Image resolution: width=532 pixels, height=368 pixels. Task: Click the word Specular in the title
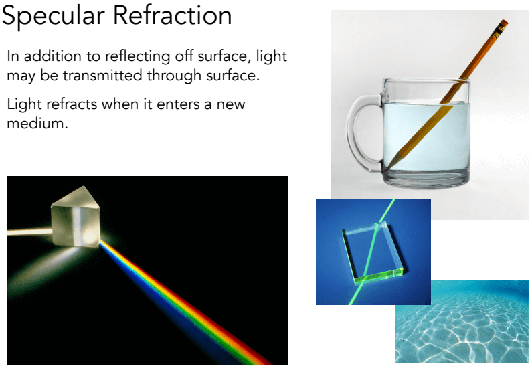(54, 16)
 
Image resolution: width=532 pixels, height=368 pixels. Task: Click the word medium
(37, 123)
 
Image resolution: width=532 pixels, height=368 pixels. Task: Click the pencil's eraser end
(503, 24)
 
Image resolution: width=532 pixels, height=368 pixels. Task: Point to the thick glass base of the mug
(426, 178)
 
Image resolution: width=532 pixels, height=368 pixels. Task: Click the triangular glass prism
(76, 216)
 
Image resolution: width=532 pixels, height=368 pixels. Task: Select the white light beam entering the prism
(29, 232)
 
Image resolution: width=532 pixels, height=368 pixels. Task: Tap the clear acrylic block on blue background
(373, 253)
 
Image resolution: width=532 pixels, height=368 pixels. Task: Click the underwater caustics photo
(462, 322)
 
